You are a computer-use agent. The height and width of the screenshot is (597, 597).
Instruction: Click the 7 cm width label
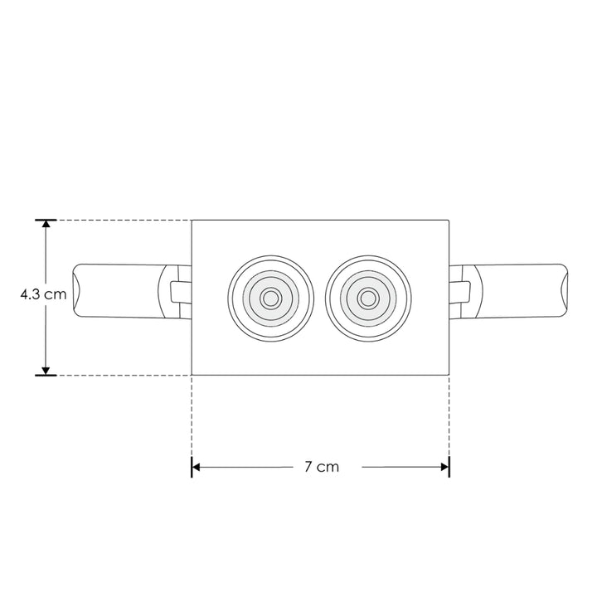[322, 467]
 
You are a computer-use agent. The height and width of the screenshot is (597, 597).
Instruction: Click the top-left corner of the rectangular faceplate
[192, 221]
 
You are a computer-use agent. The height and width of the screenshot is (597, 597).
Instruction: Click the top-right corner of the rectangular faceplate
[450, 221]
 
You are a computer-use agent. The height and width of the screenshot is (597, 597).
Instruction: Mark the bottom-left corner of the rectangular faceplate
[192, 375]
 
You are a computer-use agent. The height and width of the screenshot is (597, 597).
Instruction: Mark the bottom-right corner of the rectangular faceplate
[450, 375]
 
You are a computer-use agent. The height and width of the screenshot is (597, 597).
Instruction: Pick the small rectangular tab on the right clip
[465, 292]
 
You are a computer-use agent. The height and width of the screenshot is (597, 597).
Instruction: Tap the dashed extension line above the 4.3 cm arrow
[116, 221]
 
